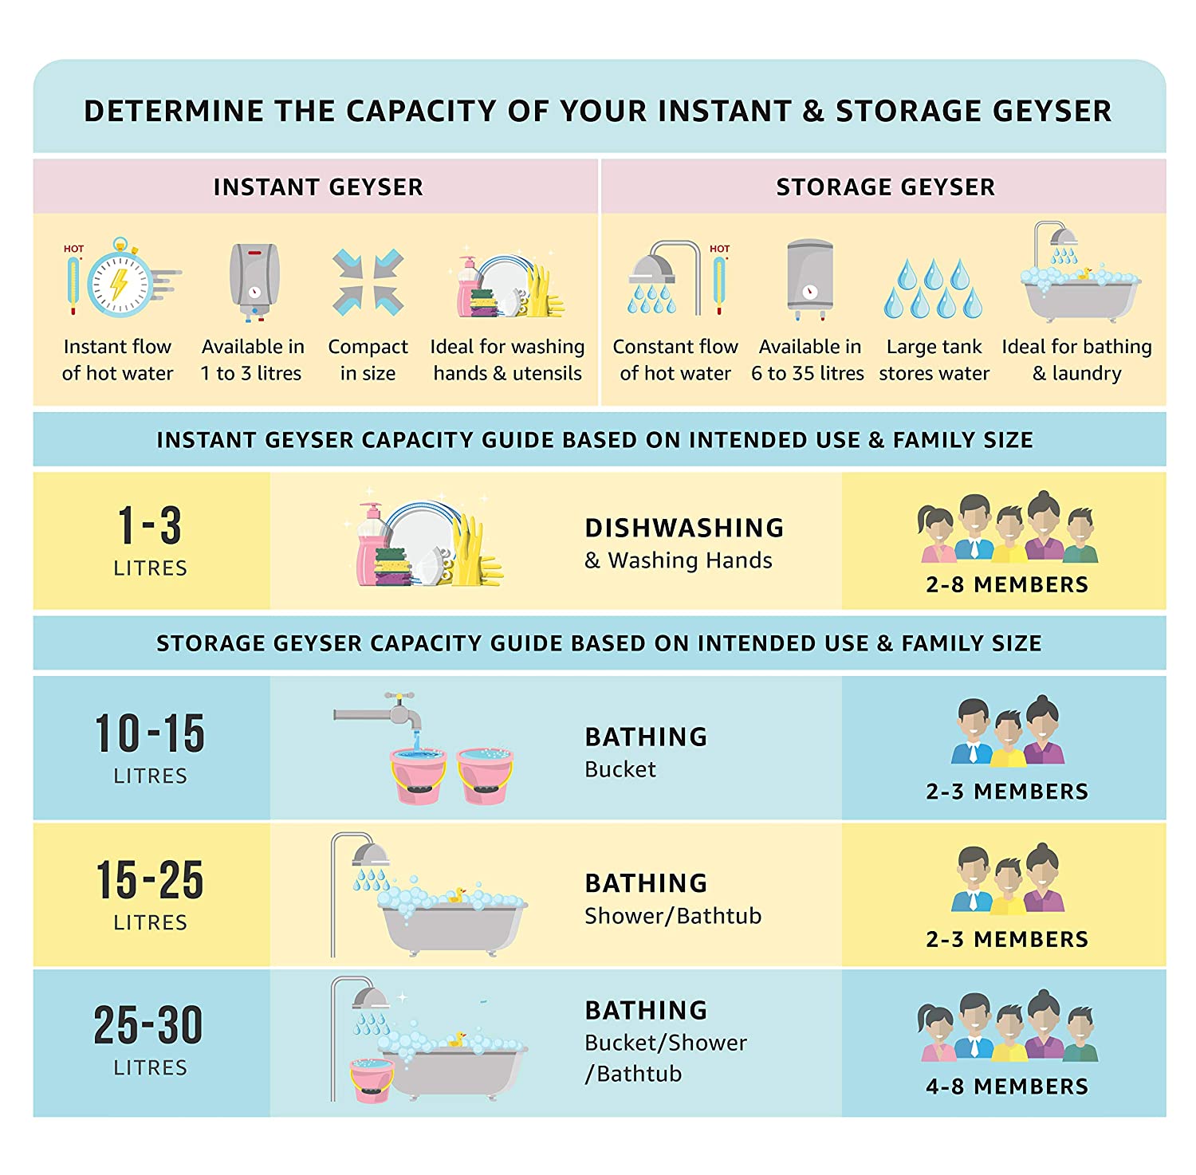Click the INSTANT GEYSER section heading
coord(318,187)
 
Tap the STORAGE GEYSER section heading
coord(885,187)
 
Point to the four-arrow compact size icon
coord(368,282)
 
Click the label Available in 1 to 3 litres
coord(252,360)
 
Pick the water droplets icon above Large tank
coord(933,288)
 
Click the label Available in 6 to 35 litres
coord(808,360)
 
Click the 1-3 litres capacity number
coord(150,525)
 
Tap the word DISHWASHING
coord(684,528)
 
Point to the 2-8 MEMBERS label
coord(1007,584)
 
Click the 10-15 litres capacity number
coord(150,733)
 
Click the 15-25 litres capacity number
coord(150,880)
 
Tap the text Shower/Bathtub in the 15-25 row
coord(673,916)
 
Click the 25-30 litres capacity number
coord(148,1024)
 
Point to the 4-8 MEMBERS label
coord(1007,1087)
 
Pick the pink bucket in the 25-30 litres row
coord(372,1080)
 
